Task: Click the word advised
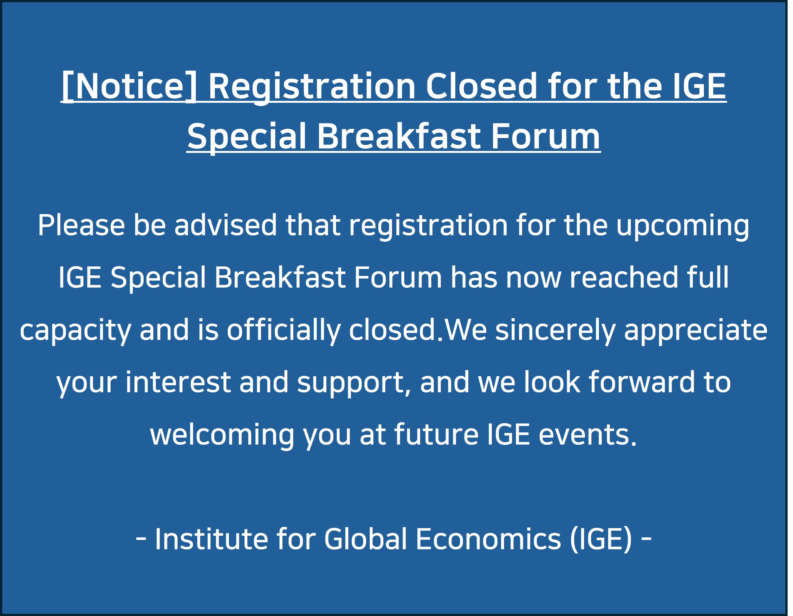225,226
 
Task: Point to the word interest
178,382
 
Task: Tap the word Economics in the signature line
488,539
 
